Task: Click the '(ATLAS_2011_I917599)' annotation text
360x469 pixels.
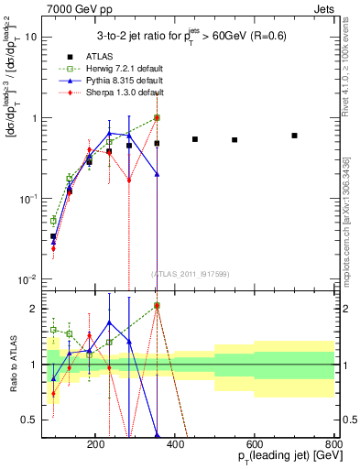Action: [x=190, y=274]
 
